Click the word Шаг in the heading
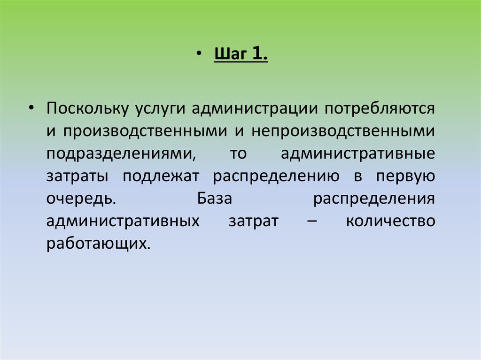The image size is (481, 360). point(230,55)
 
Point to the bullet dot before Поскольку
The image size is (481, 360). point(31,108)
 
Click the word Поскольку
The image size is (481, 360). point(87,109)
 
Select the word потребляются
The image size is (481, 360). point(379,109)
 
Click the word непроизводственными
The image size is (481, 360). point(343,131)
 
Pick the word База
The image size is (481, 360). point(215,198)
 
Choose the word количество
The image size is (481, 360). point(390,221)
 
